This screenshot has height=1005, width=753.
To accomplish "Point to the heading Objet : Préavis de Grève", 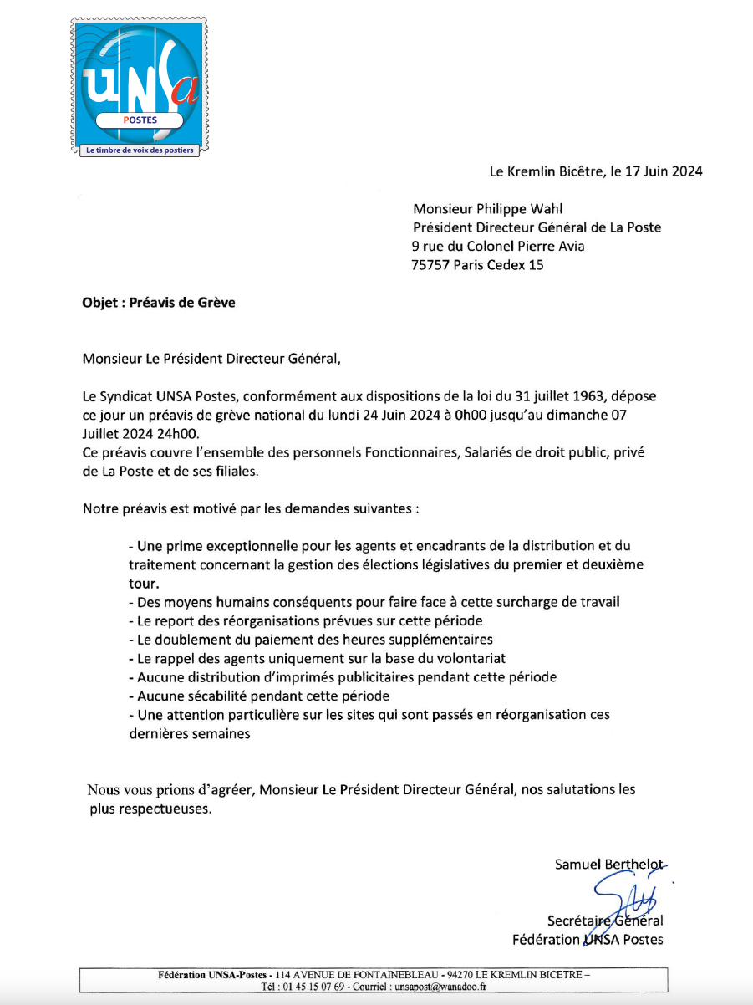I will click(x=159, y=303).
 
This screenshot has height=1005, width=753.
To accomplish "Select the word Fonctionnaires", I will click(x=370, y=451).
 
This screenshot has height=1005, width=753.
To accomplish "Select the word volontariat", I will click(x=466, y=658).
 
